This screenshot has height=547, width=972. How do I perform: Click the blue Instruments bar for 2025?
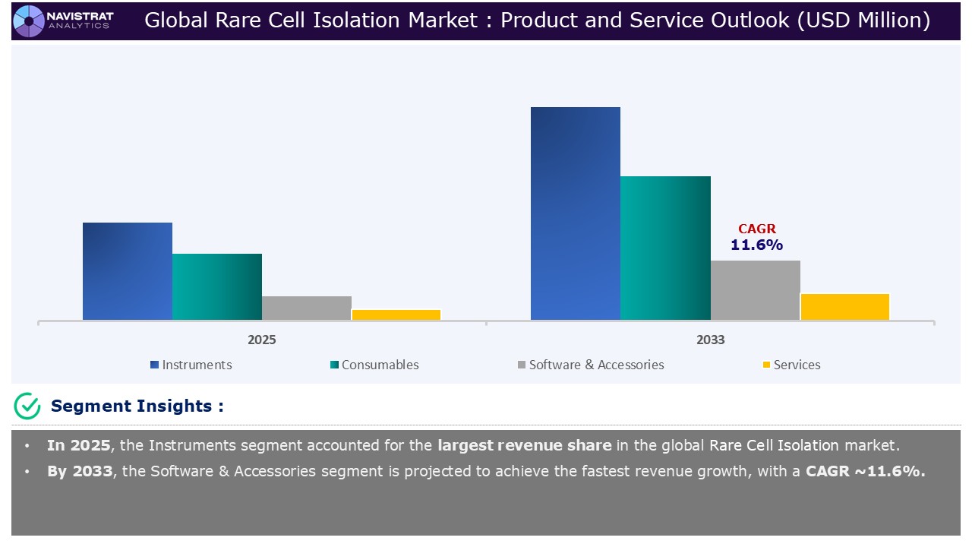128,271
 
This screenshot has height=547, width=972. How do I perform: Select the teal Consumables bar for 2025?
217,286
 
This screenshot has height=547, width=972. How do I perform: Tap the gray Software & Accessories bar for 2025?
307,308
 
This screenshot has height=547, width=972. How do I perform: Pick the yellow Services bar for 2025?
396,315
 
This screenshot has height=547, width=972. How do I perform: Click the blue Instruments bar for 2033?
576,213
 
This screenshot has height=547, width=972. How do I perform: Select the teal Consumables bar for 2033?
665,248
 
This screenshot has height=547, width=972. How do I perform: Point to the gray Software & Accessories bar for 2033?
755,290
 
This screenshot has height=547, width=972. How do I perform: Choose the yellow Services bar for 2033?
844,307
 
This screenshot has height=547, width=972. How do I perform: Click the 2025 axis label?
262,340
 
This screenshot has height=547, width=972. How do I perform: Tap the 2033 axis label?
710,340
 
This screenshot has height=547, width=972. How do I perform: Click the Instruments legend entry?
191,365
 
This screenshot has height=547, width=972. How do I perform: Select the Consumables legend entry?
374,365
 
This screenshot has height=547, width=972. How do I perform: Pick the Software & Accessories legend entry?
590,365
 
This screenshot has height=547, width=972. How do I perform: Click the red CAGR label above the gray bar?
757,229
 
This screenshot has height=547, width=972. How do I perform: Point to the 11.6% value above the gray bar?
756,245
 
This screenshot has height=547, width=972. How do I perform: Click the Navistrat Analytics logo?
64,21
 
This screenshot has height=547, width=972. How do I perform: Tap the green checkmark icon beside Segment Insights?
27,406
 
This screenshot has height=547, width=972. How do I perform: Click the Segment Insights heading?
137,406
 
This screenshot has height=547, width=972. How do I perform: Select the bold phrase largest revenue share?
524,446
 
